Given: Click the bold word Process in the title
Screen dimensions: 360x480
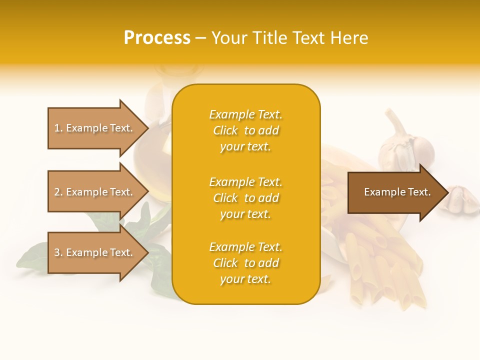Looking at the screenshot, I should pyautogui.click(x=157, y=38).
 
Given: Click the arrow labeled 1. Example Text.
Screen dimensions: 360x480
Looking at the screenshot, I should pyautogui.click(x=95, y=128).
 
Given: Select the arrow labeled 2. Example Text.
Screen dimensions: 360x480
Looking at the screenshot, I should pyautogui.click(x=95, y=192).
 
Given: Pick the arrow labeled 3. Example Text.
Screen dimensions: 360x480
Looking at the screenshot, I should pyautogui.click(x=95, y=252).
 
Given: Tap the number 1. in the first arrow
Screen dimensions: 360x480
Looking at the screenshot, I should pyautogui.click(x=58, y=128).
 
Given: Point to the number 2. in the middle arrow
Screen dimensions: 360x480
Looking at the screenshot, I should pyautogui.click(x=58, y=192).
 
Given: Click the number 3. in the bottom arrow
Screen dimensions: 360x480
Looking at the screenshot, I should pyautogui.click(x=58, y=252).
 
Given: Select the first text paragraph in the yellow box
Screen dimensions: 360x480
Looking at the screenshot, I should pyautogui.click(x=245, y=130).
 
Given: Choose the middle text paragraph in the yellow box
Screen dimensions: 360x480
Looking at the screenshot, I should pyautogui.click(x=245, y=198).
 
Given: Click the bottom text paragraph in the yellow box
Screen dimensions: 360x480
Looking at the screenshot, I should pyautogui.click(x=245, y=263).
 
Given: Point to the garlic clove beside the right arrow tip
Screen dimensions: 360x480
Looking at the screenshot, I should pyautogui.click(x=462, y=199).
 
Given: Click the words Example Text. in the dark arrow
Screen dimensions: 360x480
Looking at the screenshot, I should pyautogui.click(x=397, y=192).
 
